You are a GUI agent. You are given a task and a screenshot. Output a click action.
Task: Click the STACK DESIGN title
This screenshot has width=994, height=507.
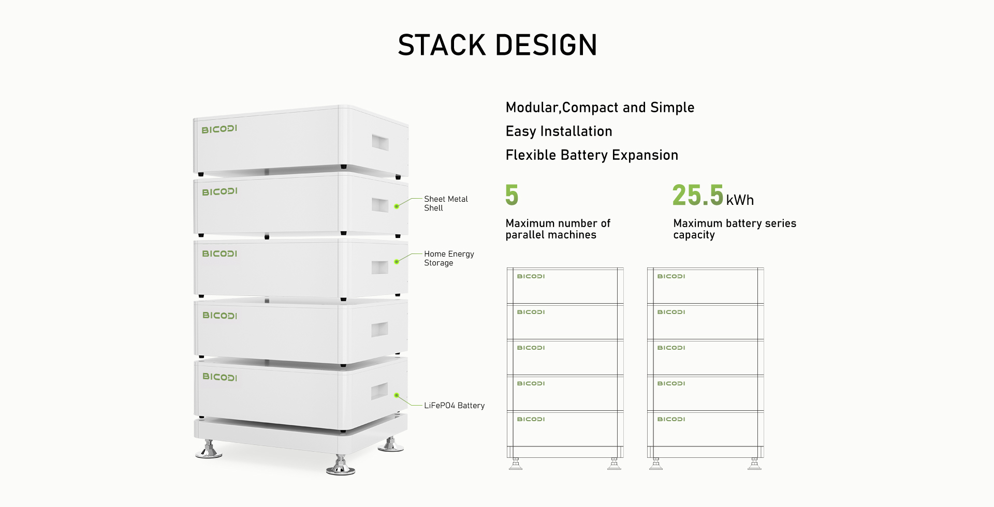pos(497,44)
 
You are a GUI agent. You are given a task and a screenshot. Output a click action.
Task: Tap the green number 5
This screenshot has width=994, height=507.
pos(511,195)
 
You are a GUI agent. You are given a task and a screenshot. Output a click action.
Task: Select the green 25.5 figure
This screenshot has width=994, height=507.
pos(697,195)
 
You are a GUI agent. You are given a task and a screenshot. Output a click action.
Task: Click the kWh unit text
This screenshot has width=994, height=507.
pos(740,200)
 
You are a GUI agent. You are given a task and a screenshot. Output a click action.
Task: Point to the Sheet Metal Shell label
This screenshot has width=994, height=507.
pos(446,203)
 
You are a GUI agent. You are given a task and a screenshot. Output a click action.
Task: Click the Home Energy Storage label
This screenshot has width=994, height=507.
pos(449,258)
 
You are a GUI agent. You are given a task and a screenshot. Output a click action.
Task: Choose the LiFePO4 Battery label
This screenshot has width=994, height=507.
pos(454,406)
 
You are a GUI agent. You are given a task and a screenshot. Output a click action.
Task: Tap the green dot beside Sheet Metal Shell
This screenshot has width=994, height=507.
pos(397,206)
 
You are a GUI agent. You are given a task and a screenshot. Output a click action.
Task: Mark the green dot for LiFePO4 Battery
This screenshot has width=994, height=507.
pos(397,395)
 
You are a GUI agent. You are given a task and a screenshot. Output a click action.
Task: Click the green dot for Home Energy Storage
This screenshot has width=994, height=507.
pos(397,261)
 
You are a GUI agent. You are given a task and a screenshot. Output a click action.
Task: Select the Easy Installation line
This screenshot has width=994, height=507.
pos(559,131)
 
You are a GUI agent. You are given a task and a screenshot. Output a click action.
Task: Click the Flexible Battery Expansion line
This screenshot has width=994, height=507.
pos(592,155)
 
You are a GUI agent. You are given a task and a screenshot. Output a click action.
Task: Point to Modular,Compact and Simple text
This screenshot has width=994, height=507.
pos(600,108)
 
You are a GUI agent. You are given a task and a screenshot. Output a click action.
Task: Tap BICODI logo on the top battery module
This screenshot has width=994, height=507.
pos(219,129)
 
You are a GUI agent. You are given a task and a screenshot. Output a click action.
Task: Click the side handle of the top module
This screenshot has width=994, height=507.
pos(379,143)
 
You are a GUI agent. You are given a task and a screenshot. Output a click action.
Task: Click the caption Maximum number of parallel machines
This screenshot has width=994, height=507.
pos(558,229)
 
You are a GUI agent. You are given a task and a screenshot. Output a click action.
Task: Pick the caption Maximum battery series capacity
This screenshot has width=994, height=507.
pos(735,229)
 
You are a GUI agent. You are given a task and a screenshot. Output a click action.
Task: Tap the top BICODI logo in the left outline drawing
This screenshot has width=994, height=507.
pos(531,276)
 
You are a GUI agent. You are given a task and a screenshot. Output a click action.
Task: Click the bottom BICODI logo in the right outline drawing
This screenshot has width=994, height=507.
pos(671,419)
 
